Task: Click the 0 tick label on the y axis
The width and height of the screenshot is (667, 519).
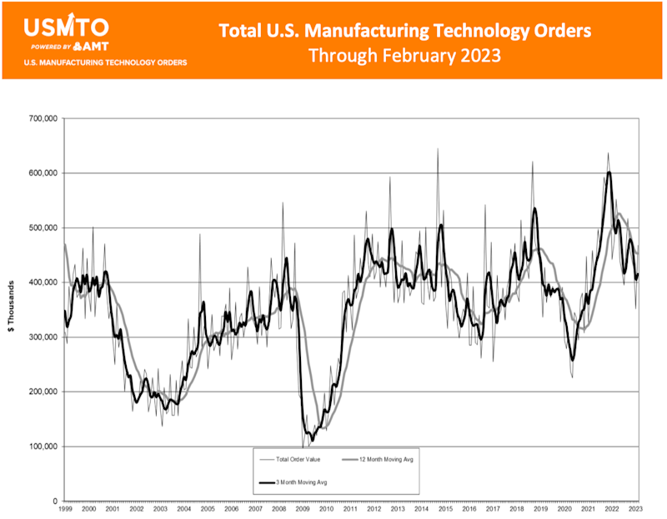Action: tap(54, 501)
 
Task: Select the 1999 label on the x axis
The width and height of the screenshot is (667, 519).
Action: tap(65, 508)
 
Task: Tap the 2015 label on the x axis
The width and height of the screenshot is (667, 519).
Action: tap(445, 508)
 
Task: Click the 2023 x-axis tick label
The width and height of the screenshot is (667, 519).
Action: tap(636, 508)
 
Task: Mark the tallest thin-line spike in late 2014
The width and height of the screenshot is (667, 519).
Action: tap(438, 150)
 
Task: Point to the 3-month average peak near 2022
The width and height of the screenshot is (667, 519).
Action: tap(609, 172)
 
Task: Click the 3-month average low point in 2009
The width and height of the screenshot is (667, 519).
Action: tap(312, 439)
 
